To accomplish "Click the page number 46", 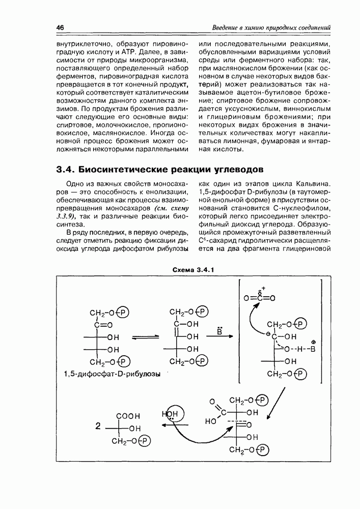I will pyautogui.click(x=60, y=27).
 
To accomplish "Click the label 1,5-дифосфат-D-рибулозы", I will pyautogui.click(x=109, y=374).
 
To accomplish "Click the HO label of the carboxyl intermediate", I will pyautogui.click(x=210, y=421).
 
